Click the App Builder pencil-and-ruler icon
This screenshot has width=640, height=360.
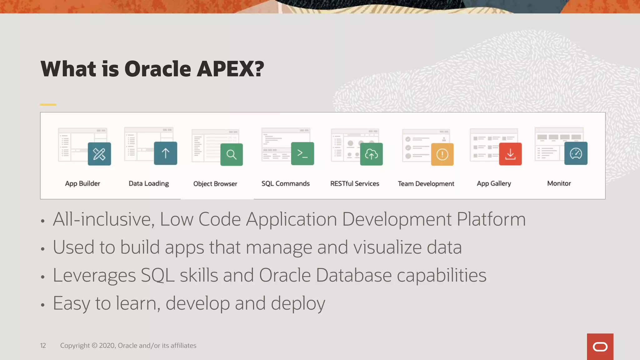coord(99,154)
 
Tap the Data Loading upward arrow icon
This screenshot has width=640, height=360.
coord(166,153)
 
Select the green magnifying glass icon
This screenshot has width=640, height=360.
coord(232,154)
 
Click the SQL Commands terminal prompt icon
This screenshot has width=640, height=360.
coord(302,153)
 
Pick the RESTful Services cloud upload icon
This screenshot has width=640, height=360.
coord(371,154)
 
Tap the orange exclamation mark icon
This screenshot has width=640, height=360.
coord(442,154)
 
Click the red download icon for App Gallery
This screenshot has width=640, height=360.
coord(510,154)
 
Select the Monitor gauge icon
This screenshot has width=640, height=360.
coord(576,153)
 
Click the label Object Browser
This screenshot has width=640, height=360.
coord(215,184)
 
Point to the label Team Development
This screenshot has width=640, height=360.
coord(426,184)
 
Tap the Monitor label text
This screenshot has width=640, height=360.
coord(559,183)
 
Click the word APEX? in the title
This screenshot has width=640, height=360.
coord(230,69)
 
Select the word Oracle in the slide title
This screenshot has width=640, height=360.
coord(158,69)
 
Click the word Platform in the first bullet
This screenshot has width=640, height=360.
coord(491,219)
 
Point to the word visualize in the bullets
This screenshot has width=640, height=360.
coord(387,247)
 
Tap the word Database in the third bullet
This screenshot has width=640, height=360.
coord(353,275)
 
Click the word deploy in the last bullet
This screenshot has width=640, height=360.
coord(298,304)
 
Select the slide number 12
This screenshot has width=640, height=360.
coord(43,346)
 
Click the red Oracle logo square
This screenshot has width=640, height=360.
coord(600,347)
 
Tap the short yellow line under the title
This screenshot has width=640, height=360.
coord(48,105)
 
